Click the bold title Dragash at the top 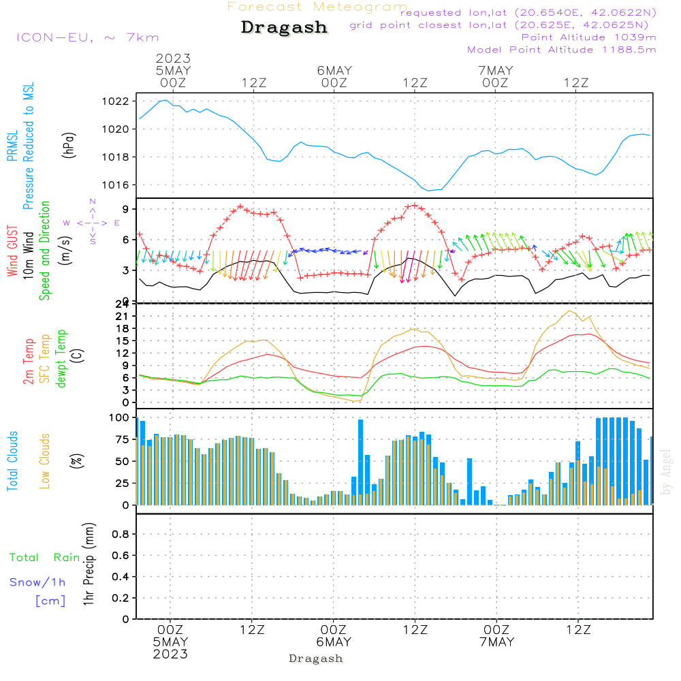(x=284, y=28)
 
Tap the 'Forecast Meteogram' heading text (x=317, y=7)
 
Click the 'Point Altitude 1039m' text (x=588, y=37)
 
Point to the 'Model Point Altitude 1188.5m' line (x=561, y=50)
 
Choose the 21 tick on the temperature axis (x=123, y=317)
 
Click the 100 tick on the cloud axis (x=120, y=417)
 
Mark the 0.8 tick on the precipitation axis (x=120, y=535)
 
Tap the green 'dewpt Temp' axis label (x=61, y=359)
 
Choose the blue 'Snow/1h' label (x=37, y=582)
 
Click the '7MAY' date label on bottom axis (x=496, y=642)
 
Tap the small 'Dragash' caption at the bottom (x=316, y=659)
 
